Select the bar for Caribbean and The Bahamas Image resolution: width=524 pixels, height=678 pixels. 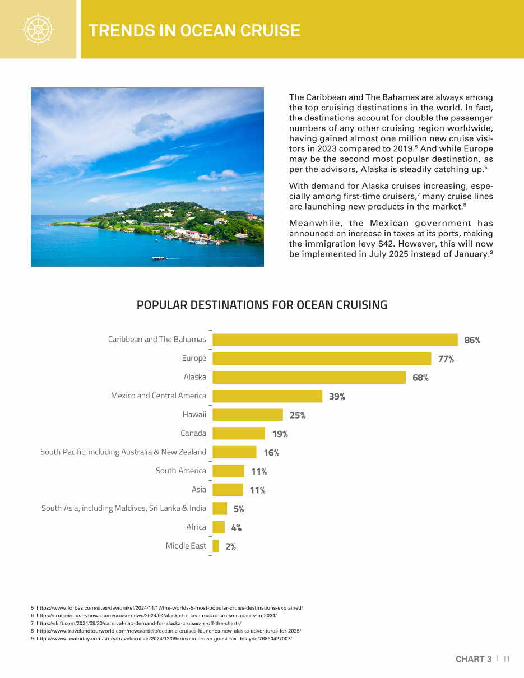point(335,340)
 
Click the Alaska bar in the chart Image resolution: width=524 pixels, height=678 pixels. point(309,377)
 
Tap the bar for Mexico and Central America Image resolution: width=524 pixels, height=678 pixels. point(267,396)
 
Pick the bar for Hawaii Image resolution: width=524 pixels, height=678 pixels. point(248,415)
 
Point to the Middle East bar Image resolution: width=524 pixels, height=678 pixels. point(216,546)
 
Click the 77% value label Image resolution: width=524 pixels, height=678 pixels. point(446,359)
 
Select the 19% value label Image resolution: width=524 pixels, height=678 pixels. point(280,434)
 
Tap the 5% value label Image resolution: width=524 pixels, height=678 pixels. point(239,509)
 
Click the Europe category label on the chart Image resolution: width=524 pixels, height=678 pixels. point(194,358)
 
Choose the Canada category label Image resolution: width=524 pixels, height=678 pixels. point(193,433)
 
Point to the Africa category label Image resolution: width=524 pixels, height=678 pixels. point(196,527)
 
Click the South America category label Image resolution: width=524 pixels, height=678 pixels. point(181,471)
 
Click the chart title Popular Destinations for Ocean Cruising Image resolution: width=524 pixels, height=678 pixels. point(262,305)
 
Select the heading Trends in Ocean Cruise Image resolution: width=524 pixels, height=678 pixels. point(194,30)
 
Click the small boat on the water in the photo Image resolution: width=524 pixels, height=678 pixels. point(159,258)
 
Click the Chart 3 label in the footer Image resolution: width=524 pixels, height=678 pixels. point(474,659)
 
